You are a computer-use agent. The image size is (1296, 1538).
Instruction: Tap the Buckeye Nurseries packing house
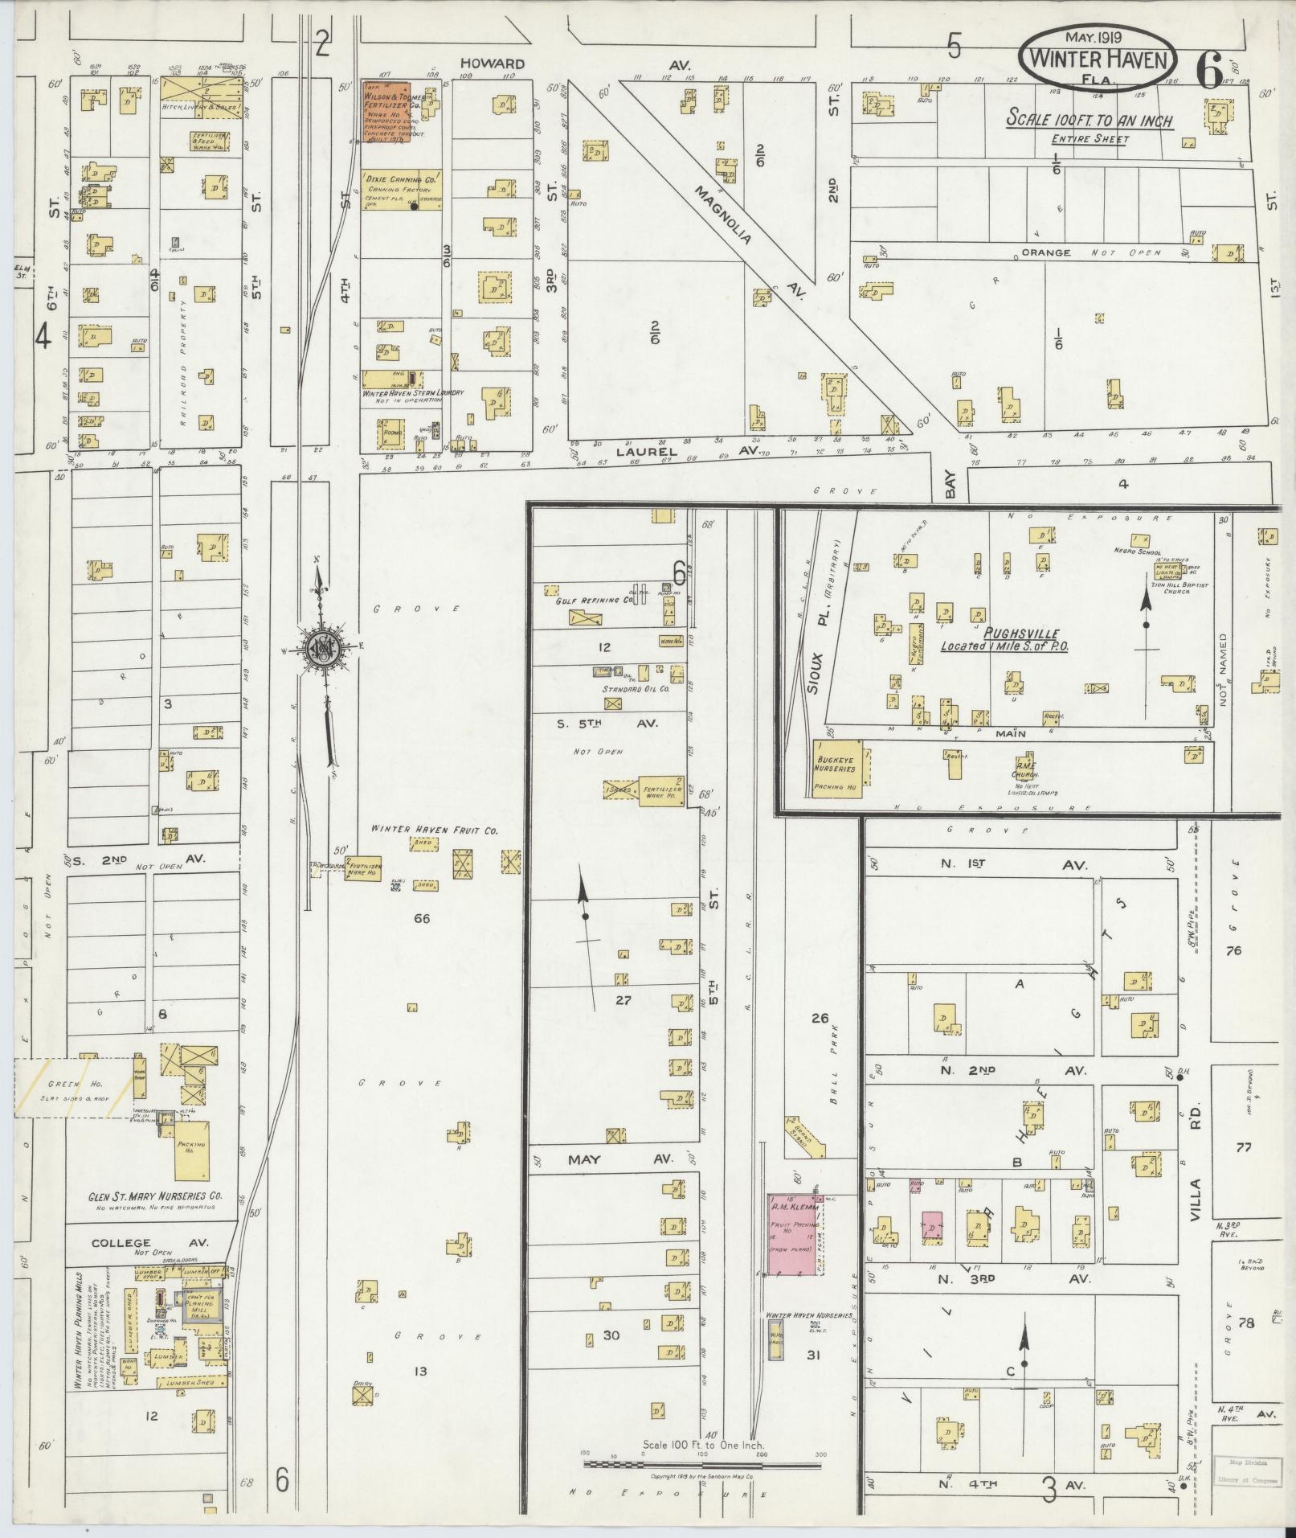(837, 769)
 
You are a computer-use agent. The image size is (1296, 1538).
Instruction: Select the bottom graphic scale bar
(702, 1464)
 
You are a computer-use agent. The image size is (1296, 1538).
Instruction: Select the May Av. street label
(608, 1159)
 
